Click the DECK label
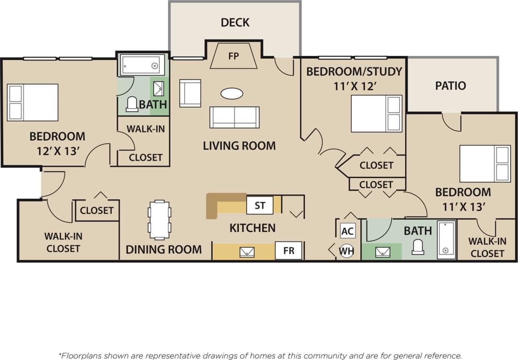[x=235, y=22]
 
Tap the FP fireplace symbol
[x=234, y=56]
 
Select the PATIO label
[x=450, y=86]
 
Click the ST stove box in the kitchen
[x=259, y=205]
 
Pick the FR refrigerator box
[x=288, y=251]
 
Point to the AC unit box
[x=347, y=231]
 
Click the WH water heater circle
[x=347, y=251]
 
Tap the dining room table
[x=159, y=219]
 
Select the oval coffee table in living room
[x=231, y=93]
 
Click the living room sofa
[x=234, y=117]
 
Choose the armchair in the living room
[x=190, y=93]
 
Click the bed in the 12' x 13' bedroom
[x=33, y=103]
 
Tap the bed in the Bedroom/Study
[x=376, y=114]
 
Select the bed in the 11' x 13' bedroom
[x=485, y=164]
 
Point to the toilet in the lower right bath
[x=418, y=248]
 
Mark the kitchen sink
[x=247, y=251]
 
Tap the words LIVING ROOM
[x=239, y=146]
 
